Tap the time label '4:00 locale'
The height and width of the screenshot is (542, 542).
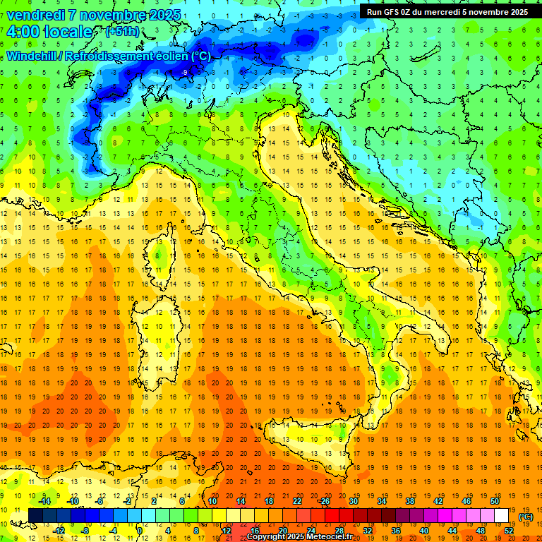tap(49, 32)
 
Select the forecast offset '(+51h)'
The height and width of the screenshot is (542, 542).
tap(122, 32)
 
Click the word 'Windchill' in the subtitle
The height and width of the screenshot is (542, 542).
tap(33, 56)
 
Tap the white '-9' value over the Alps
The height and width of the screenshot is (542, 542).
tap(184, 72)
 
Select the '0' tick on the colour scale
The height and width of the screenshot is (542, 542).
tap(140, 530)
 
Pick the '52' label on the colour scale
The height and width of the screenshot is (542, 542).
tap(509, 530)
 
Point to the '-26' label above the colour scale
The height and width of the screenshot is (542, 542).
tap(324, 500)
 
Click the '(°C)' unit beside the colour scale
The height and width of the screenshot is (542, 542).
tap(526, 516)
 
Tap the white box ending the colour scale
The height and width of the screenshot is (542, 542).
tap(502, 515)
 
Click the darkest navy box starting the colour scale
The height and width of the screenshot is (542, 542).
tap(36, 515)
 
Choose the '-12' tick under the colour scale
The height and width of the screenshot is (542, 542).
tap(59, 530)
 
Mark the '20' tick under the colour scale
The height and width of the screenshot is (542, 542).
tap(282, 530)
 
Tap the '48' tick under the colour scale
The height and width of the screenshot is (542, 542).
tap(481, 530)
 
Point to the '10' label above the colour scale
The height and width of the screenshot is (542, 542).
tap(212, 500)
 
